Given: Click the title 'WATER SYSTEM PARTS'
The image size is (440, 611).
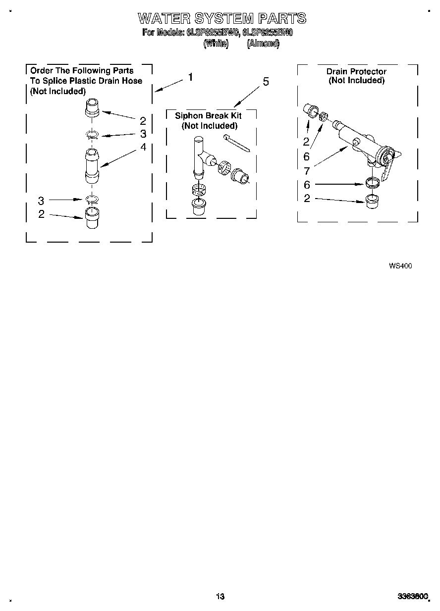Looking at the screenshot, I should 222,19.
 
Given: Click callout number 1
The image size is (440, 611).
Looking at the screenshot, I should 190,77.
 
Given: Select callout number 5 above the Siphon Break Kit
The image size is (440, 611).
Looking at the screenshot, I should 266,82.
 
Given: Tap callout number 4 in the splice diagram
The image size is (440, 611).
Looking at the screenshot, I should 143,147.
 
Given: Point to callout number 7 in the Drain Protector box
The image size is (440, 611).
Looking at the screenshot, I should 307,171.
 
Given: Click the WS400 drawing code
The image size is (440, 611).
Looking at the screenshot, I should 400,266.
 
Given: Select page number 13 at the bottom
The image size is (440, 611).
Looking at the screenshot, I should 220,597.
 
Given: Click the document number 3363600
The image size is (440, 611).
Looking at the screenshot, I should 412,597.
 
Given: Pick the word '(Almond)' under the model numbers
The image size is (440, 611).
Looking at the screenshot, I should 263,44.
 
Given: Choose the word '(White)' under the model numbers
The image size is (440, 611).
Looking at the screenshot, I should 216,44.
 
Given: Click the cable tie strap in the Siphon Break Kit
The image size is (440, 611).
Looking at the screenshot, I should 236,143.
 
